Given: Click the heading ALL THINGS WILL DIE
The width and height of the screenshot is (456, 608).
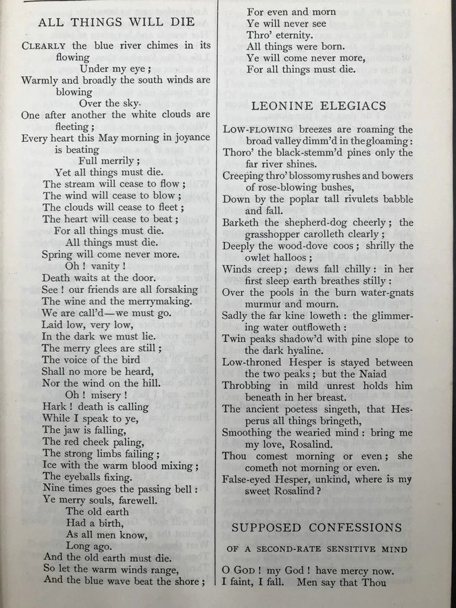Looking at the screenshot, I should click(116, 22).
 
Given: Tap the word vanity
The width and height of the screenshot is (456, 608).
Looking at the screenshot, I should click(110, 266).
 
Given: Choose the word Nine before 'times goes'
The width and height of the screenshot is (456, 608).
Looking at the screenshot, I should click(54, 488).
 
